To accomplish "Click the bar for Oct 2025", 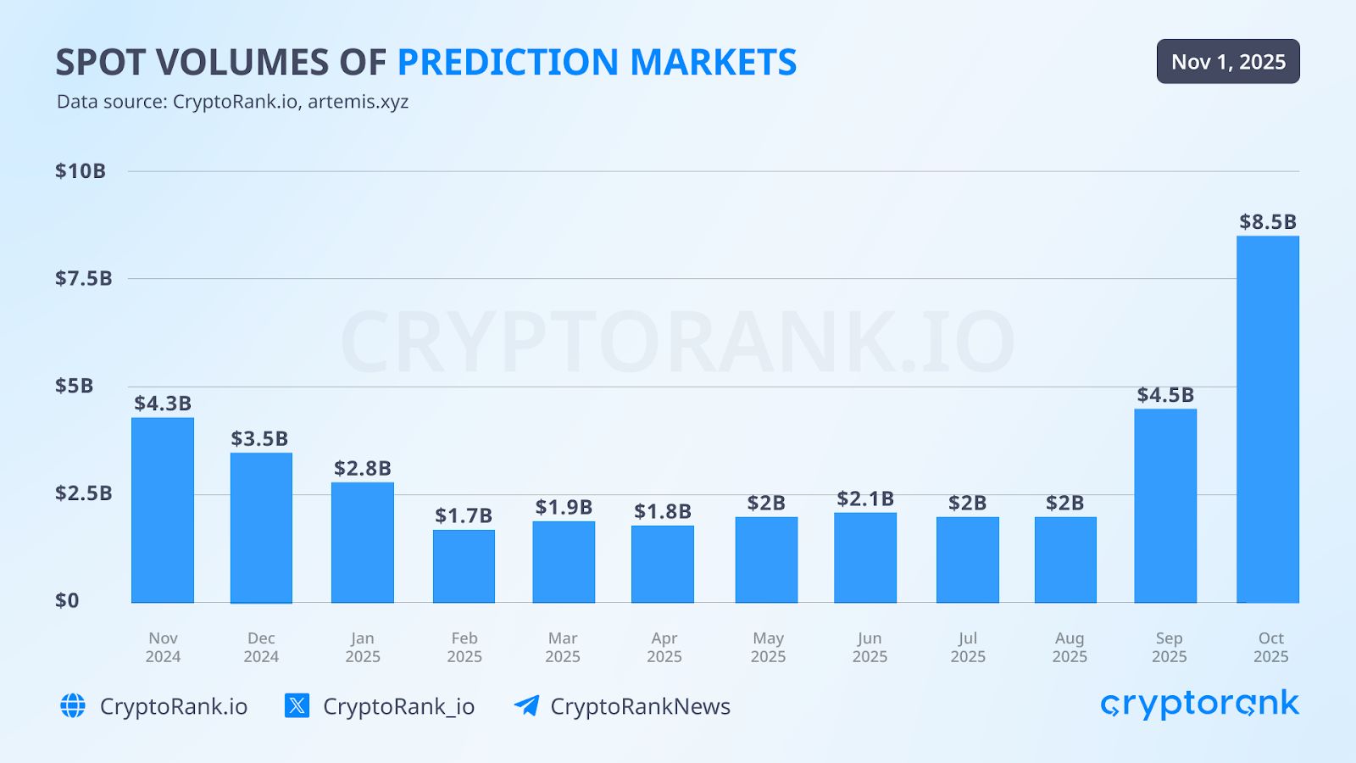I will [1267, 420].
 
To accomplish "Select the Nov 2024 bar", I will [163, 510].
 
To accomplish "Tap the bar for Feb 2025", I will [464, 566].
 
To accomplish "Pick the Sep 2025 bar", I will [1165, 506].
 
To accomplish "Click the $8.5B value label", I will [1267, 222].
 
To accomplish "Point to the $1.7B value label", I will [464, 515].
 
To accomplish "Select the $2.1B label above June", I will [865, 498].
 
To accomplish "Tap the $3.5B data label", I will [259, 438].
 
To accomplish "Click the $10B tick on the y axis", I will [81, 171].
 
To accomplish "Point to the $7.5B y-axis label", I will [83, 278].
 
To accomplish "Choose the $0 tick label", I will [67, 601].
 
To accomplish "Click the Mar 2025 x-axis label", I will [563, 648].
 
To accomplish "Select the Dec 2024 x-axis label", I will [261, 648].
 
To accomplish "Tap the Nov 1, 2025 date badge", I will [1228, 62].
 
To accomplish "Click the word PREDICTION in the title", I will [508, 63].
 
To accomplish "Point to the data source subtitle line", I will [232, 102].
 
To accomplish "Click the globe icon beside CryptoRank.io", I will [73, 705].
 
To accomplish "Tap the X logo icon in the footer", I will [297, 705].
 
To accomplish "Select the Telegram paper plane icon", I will [526, 705].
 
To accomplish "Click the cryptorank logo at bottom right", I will [1199, 704].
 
